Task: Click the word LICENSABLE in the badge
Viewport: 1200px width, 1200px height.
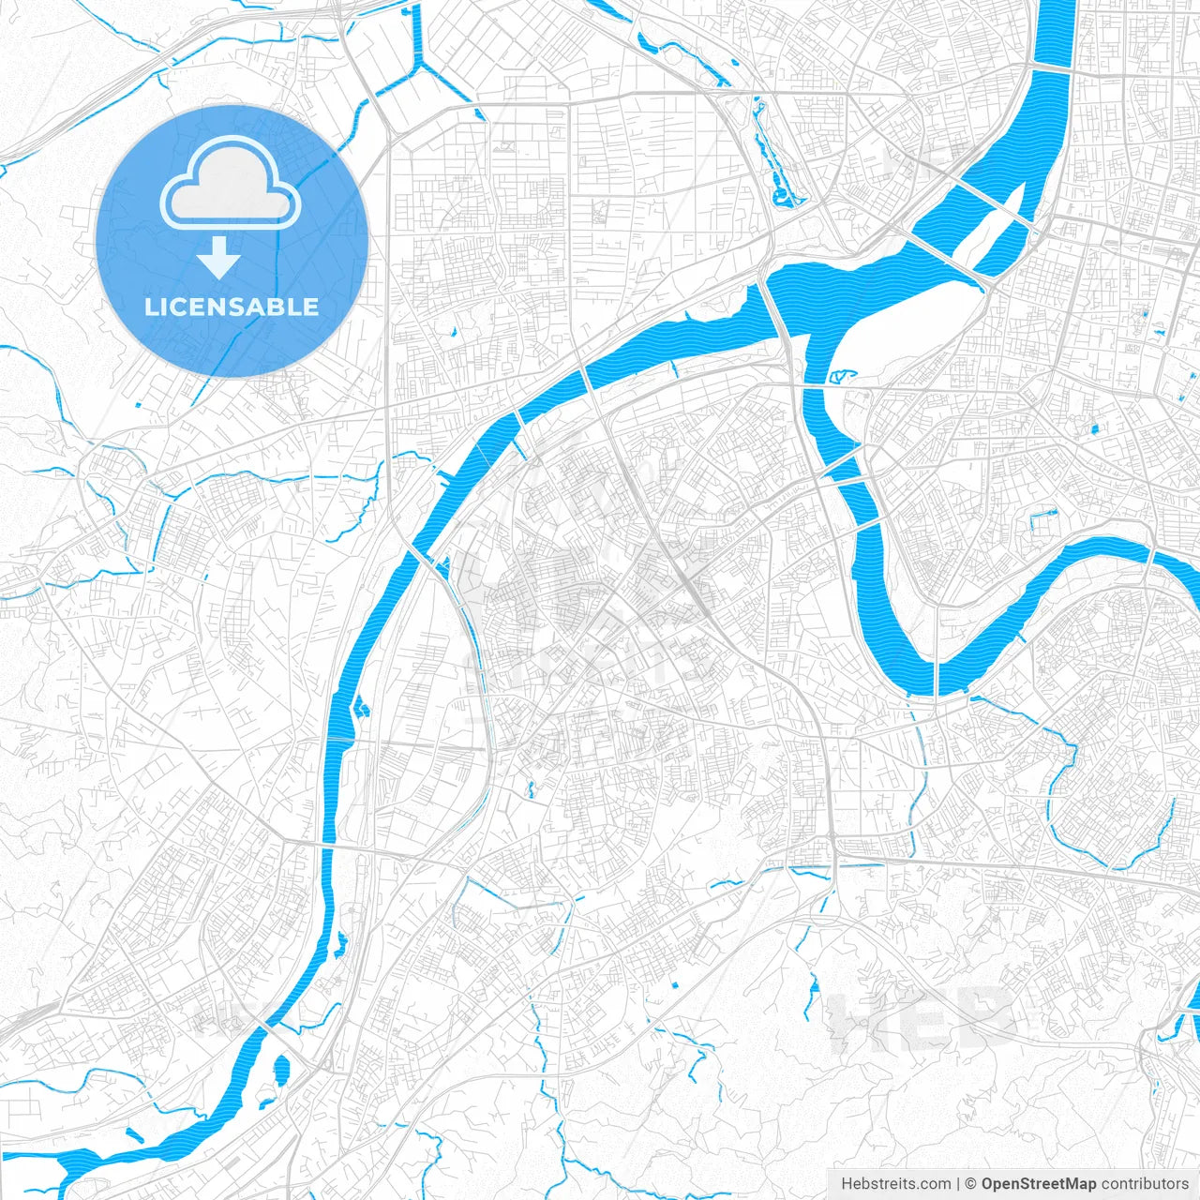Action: [x=232, y=307]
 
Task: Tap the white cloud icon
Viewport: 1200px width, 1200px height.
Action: [x=231, y=185]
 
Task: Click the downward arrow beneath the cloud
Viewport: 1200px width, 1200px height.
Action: [x=219, y=258]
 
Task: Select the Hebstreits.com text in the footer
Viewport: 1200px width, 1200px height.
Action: [x=895, y=1184]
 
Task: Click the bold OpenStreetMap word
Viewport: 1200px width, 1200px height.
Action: [x=1039, y=1184]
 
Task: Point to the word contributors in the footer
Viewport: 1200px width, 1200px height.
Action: [x=1145, y=1184]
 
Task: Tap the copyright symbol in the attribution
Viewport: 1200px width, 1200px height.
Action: [x=971, y=1184]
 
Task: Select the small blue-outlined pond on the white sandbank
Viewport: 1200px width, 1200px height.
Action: [x=843, y=377]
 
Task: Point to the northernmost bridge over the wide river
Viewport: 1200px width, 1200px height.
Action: [x=1051, y=67]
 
